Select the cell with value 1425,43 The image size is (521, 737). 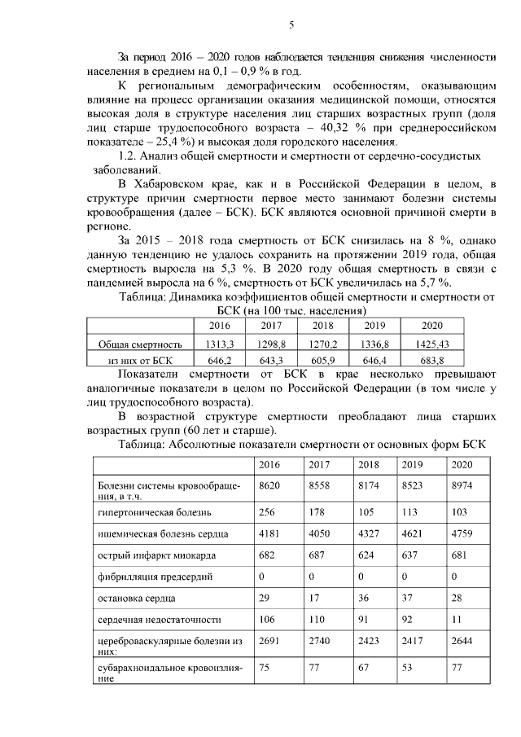[431, 344]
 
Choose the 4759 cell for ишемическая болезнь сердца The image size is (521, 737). [462, 534]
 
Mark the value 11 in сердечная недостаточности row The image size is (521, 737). [457, 620]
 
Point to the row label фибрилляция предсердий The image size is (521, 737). [155, 577]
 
